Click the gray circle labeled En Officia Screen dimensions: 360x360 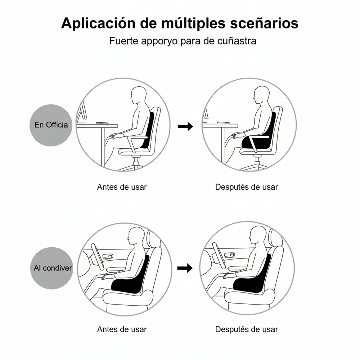(x=51, y=125)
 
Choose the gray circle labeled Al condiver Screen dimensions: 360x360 (x=51, y=268)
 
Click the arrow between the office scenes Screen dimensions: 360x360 (x=185, y=126)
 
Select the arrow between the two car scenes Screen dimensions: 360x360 (x=185, y=268)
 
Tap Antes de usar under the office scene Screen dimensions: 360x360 (x=122, y=187)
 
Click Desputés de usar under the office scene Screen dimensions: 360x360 (x=247, y=187)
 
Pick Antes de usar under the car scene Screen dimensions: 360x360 (x=122, y=329)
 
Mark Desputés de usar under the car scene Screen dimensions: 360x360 (x=247, y=329)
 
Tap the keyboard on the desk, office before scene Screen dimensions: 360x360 (x=102, y=123)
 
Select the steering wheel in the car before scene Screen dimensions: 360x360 (x=97, y=255)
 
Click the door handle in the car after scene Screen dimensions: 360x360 (x=229, y=256)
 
